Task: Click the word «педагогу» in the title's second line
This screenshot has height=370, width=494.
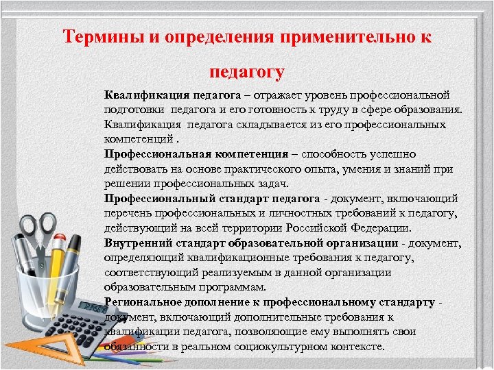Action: tap(247, 71)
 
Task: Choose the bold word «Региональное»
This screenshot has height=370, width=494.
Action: tap(140, 302)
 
